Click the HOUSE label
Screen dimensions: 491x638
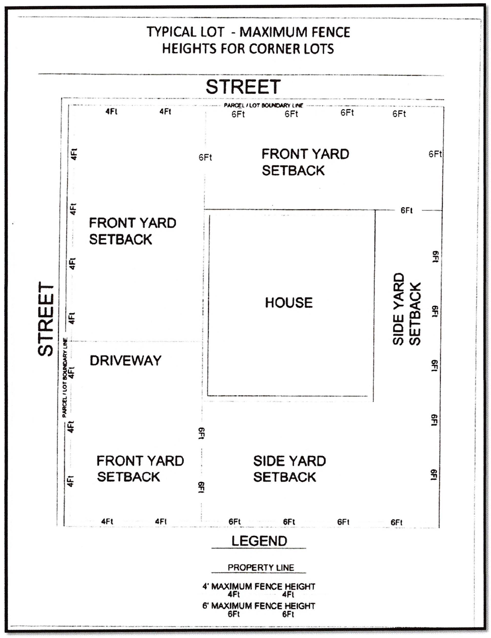pos(289,303)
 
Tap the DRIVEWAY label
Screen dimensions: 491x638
pos(125,361)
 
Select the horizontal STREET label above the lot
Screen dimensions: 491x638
pos(243,87)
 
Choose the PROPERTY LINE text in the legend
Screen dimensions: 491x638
pos(261,568)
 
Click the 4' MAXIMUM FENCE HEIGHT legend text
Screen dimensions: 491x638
pos(259,586)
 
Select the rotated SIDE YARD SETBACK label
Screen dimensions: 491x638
pos(406,309)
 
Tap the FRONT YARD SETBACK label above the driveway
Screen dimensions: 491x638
pos(133,231)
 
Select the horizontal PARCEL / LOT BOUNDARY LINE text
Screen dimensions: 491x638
pos(264,105)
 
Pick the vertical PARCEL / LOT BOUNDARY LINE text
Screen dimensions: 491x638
pos(65,378)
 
